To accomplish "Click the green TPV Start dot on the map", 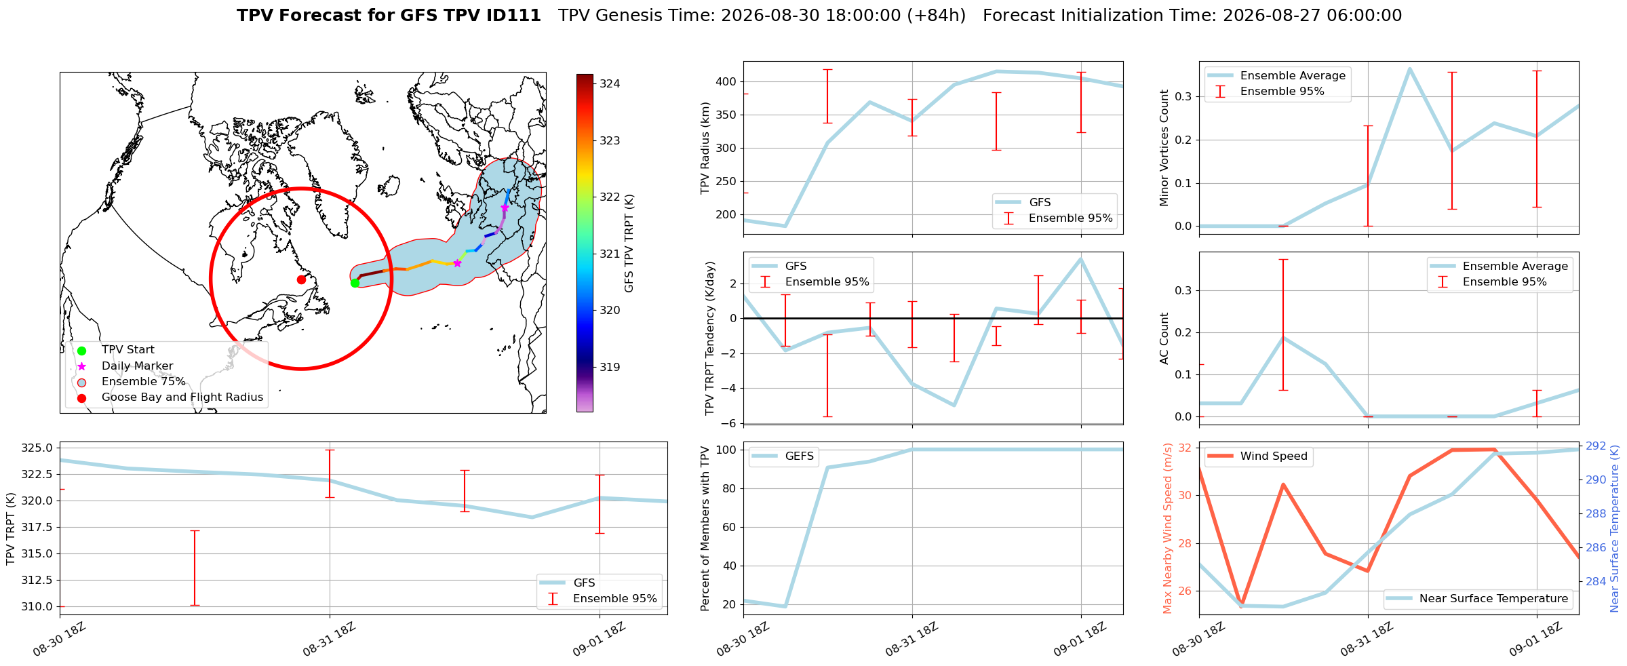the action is click(x=355, y=283).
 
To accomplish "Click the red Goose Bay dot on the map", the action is click(x=301, y=279).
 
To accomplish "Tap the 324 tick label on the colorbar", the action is click(x=610, y=84).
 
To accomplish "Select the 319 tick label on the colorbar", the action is click(x=610, y=368).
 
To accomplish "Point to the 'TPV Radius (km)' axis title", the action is click(x=705, y=148).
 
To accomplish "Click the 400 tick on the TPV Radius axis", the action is click(x=726, y=82).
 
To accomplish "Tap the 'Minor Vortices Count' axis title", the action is click(x=1164, y=148).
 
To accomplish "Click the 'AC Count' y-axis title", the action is click(x=1164, y=338).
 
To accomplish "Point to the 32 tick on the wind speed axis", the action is click(x=1185, y=448).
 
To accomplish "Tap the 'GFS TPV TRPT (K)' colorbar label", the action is click(x=629, y=243).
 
